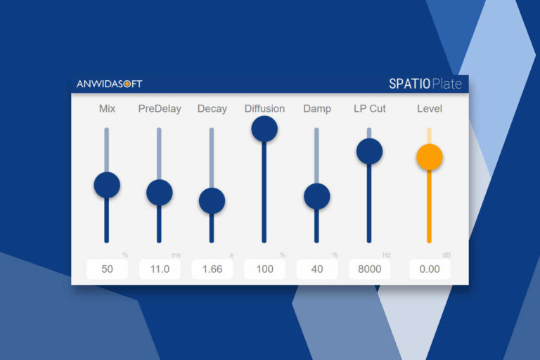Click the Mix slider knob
(x=107, y=185)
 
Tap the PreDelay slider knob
(x=160, y=193)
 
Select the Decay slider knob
(x=212, y=201)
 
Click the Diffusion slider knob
(x=264, y=129)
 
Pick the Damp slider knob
(x=317, y=196)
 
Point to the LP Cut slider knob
(x=370, y=152)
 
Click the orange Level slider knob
(x=430, y=157)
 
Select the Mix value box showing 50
(x=107, y=269)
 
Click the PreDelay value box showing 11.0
(x=160, y=269)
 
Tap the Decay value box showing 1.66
(x=212, y=269)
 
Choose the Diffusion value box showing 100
(x=265, y=269)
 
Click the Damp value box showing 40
(x=317, y=269)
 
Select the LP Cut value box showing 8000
(x=370, y=269)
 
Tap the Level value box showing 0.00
(x=430, y=269)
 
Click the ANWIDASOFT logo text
(x=109, y=84)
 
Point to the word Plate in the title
(x=447, y=84)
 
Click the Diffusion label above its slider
(x=264, y=108)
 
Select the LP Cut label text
(x=370, y=108)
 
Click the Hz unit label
(x=387, y=255)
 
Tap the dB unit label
(x=446, y=255)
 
